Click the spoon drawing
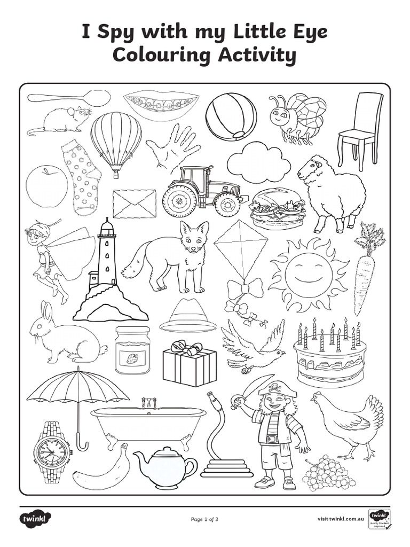[x=68, y=98]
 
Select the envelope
[x=135, y=204]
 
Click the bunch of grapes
[x=328, y=473]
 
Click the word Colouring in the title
[x=159, y=56]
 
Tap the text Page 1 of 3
[x=204, y=519]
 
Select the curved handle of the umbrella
[x=82, y=444]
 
